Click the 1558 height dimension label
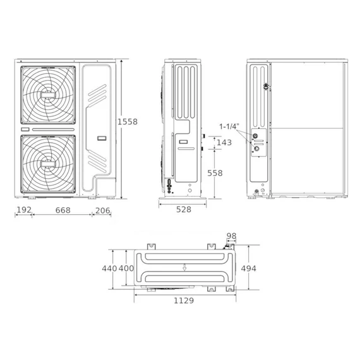point(128,121)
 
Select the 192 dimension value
point(23,210)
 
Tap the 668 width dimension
point(62,210)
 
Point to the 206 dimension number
point(103,210)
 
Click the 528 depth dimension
point(184,210)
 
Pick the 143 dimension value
point(224,143)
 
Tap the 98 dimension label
point(231,236)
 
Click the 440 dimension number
point(110,269)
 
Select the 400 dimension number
point(126,269)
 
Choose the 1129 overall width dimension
point(183,301)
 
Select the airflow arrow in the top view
point(183,268)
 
